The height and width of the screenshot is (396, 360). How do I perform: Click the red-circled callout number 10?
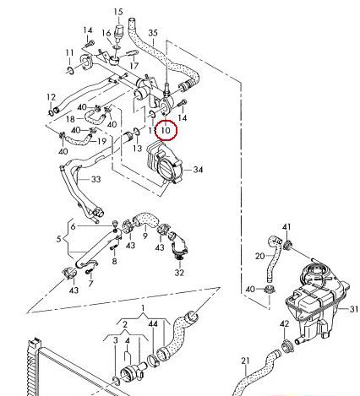pyautogui.click(x=166, y=130)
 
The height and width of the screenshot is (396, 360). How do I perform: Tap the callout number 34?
pyautogui.click(x=198, y=170)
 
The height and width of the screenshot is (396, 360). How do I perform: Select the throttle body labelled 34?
pyautogui.click(x=165, y=163)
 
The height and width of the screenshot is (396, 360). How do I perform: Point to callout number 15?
pyautogui.click(x=118, y=12)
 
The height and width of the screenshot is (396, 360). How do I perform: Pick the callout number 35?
pyautogui.click(x=153, y=33)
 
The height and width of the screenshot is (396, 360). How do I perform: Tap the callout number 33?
pyautogui.click(x=96, y=179)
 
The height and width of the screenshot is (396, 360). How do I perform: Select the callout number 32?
pyautogui.click(x=179, y=273)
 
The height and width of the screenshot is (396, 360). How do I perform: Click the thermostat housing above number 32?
pyautogui.click(x=178, y=244)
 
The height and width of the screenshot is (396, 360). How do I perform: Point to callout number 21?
pyautogui.click(x=245, y=361)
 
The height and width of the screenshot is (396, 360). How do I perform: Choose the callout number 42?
pyautogui.click(x=285, y=324)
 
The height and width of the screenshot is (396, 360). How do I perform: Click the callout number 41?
pyautogui.click(x=286, y=226)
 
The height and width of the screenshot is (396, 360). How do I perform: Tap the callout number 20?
pyautogui.click(x=260, y=256)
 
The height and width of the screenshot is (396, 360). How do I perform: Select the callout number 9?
pyautogui.click(x=145, y=236)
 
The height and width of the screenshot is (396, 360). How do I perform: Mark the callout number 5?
pyautogui.click(x=58, y=239)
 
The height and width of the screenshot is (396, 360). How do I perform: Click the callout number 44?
pyautogui.click(x=153, y=324)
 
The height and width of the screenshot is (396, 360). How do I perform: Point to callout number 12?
pyautogui.click(x=52, y=97)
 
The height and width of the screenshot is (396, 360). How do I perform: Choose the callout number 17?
pyautogui.click(x=134, y=66)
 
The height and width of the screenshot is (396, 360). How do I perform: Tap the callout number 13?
pyautogui.click(x=137, y=148)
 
